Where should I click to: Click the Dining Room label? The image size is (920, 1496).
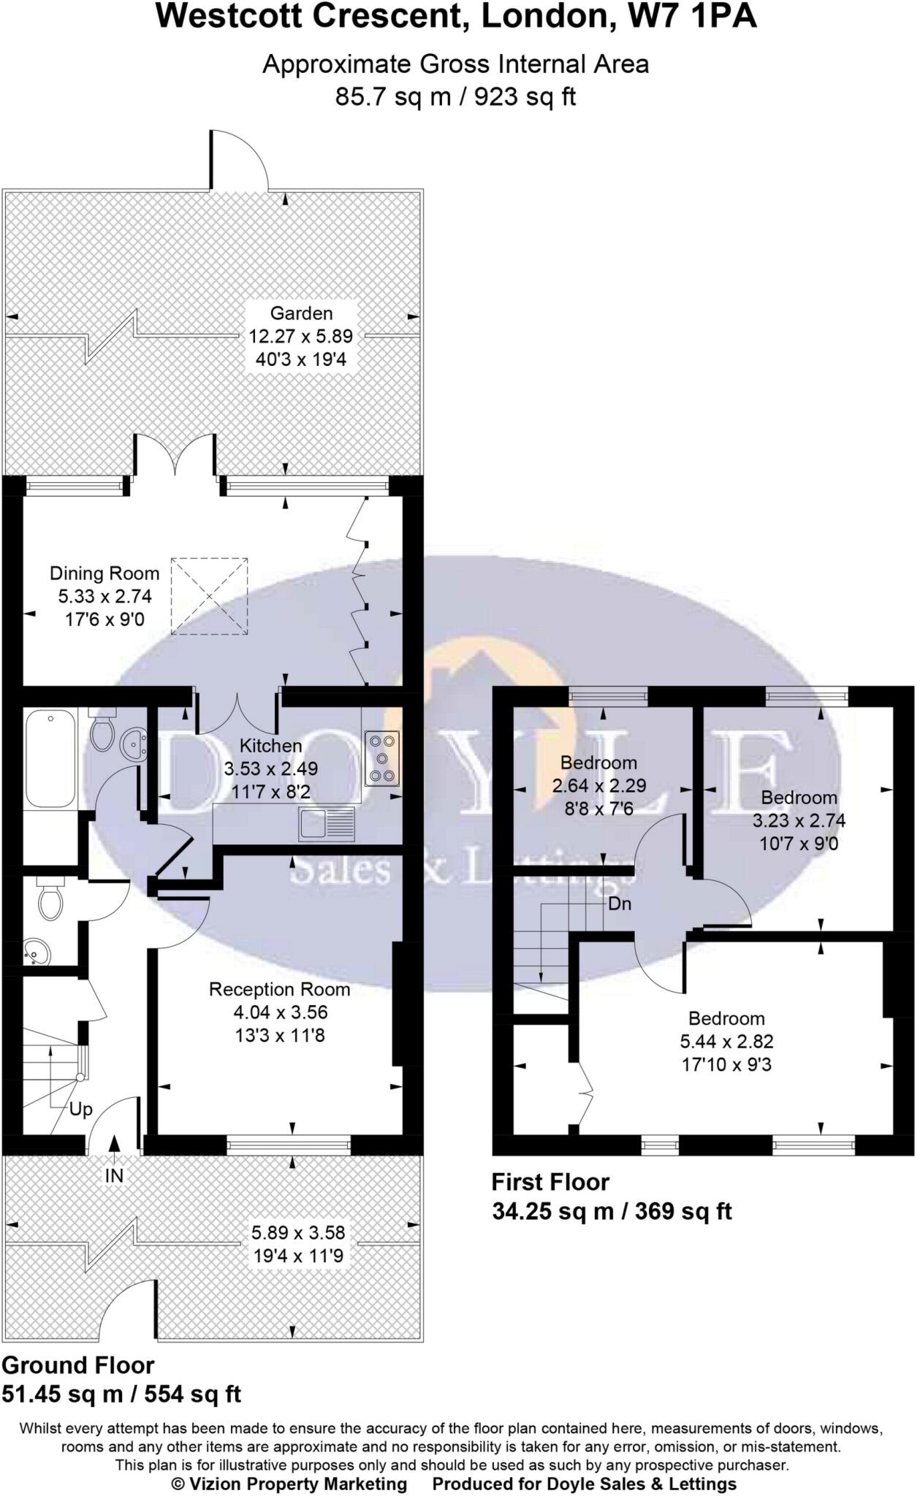(x=104, y=574)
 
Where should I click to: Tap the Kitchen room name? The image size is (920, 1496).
(x=271, y=746)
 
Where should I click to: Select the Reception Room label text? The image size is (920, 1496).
(x=279, y=990)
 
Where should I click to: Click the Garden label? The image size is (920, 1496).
(x=301, y=313)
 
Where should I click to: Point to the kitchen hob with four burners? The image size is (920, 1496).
(x=382, y=757)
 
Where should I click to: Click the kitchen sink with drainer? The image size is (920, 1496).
(x=326, y=823)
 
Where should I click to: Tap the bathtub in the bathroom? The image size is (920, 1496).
(x=49, y=760)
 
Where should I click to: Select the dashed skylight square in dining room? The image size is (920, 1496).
(x=210, y=596)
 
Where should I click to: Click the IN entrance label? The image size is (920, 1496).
(x=115, y=1175)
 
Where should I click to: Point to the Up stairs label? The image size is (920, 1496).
(x=80, y=1110)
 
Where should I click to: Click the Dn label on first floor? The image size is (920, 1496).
(x=620, y=904)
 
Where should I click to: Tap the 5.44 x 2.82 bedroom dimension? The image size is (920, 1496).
(x=726, y=1042)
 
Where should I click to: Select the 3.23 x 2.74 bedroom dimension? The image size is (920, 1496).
(x=799, y=820)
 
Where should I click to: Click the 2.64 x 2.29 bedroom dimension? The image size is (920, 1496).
(x=598, y=786)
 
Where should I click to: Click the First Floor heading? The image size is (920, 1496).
(x=550, y=1182)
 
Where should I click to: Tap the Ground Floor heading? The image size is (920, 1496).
(x=78, y=1365)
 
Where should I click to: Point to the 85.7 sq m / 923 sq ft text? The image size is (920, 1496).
(x=455, y=96)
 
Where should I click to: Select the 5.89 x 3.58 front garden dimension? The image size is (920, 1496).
(x=298, y=1233)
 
